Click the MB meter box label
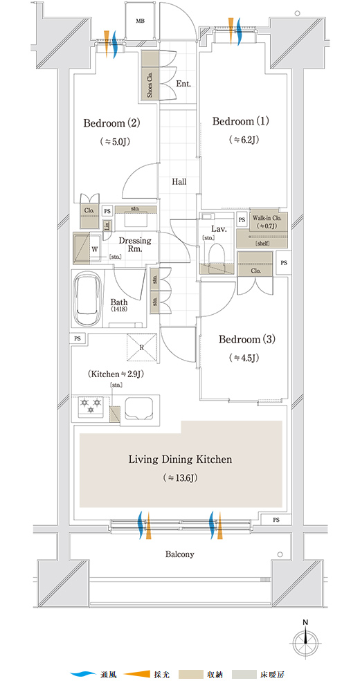tap(140, 21)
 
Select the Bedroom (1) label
tap(241, 121)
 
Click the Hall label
tap(179, 182)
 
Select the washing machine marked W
tap(88, 248)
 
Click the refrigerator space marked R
tap(141, 348)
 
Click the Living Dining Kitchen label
tap(180, 459)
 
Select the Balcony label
tap(180, 554)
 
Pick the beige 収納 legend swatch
tap(190, 674)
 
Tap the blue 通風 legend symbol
tap(83, 674)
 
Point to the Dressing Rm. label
tap(135, 244)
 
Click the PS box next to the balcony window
tap(276, 520)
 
